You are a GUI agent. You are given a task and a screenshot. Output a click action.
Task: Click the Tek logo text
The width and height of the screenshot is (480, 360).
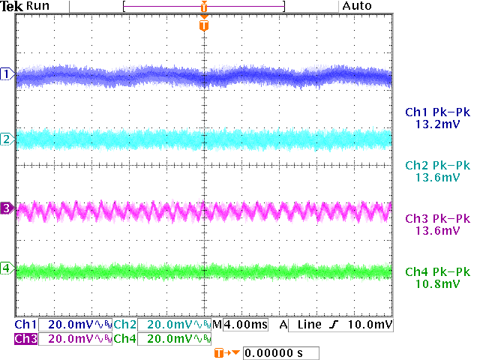click(x=13, y=6)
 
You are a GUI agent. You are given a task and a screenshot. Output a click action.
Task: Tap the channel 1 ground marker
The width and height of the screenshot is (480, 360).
click(x=7, y=74)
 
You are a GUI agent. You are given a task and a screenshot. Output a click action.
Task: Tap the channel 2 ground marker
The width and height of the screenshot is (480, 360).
click(x=7, y=139)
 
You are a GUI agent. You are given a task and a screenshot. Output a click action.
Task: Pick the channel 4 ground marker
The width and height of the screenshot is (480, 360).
click(x=7, y=268)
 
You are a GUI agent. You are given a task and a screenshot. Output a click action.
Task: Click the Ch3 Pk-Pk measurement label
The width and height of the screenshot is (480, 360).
click(x=437, y=219)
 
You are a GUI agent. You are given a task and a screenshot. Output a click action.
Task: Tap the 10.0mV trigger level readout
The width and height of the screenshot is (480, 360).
click(x=370, y=325)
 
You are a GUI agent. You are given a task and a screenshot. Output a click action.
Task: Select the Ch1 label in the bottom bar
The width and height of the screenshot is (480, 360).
click(x=25, y=325)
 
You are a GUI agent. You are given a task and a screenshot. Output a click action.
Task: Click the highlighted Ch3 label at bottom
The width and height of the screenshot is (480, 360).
click(x=25, y=339)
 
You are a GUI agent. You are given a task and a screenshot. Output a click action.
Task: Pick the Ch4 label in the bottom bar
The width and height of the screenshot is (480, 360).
click(x=126, y=339)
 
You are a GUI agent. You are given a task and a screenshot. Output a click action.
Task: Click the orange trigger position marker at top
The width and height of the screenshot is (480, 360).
click(x=204, y=25)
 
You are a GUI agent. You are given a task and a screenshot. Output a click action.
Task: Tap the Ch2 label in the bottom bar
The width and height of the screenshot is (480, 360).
click(x=126, y=325)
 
